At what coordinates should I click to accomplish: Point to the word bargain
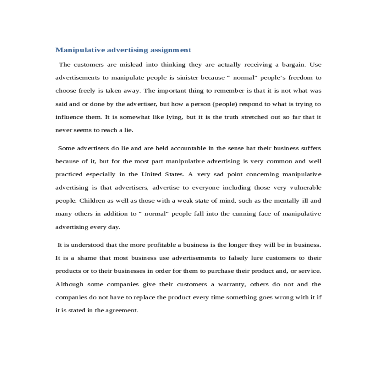click(x=293, y=65)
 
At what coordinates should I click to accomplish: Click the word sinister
click(x=187, y=78)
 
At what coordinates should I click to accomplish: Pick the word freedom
click(x=300, y=78)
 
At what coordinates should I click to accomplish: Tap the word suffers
click(x=311, y=148)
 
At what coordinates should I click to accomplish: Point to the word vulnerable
click(x=305, y=188)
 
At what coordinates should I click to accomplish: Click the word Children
click(x=92, y=201)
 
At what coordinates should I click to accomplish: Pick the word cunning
click(x=244, y=214)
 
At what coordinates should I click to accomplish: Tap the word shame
click(x=86, y=258)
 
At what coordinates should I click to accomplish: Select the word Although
click(x=69, y=285)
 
